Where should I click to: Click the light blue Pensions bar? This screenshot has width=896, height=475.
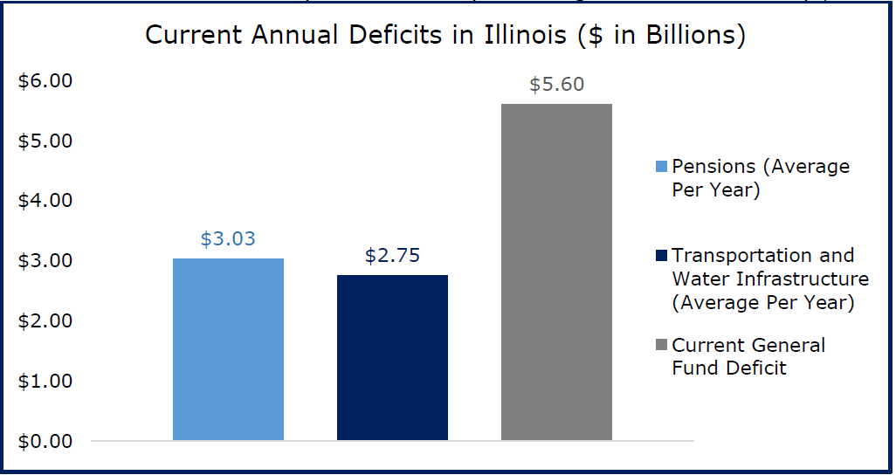click(228, 349)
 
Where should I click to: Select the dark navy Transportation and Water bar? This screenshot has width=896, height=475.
click(392, 357)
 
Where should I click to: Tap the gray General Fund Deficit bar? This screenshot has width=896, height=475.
click(556, 272)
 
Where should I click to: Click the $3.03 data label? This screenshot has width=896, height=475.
click(228, 239)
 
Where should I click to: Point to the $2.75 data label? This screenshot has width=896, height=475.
click(392, 256)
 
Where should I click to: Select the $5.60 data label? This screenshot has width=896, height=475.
click(556, 85)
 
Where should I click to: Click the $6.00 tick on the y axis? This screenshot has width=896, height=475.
click(45, 81)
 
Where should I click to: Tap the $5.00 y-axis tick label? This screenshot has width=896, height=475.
click(45, 141)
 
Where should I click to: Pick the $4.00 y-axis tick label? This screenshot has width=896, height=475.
click(45, 201)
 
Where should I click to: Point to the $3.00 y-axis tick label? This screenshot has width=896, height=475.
click(45, 261)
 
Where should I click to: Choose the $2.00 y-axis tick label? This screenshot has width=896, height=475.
click(45, 321)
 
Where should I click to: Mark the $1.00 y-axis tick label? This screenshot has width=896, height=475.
click(45, 382)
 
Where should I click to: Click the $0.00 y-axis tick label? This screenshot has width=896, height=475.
click(45, 441)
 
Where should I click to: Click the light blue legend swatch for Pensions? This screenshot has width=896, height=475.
click(660, 166)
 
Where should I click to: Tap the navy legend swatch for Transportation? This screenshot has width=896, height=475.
click(660, 256)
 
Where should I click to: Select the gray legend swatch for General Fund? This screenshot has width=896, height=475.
click(660, 346)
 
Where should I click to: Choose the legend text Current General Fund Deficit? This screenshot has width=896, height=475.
click(748, 356)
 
